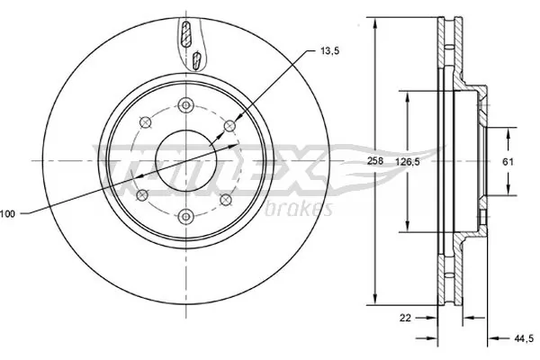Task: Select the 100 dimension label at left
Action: [x=8, y=213]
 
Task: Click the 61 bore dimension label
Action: [x=507, y=160]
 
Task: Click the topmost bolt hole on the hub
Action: [x=184, y=103]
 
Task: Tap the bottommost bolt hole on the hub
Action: [x=184, y=215]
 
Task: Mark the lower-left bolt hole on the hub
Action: [x=140, y=193]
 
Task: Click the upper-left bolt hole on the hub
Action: [x=142, y=123]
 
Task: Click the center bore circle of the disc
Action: [x=184, y=159]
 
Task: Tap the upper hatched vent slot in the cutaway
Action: [x=186, y=35]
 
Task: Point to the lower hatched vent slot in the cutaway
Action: [x=197, y=61]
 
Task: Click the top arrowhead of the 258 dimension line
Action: [x=373, y=20]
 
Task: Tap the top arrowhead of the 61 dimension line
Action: [x=510, y=129]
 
